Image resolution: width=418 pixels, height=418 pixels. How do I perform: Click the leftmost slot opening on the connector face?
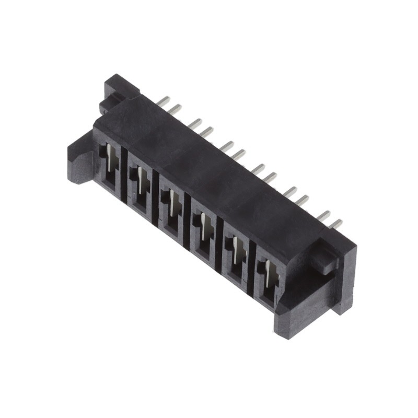tap(109, 166)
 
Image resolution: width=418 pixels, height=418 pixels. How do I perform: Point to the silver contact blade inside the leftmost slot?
tap(109, 157)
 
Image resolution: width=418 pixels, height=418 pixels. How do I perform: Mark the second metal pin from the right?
tap(324, 216)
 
